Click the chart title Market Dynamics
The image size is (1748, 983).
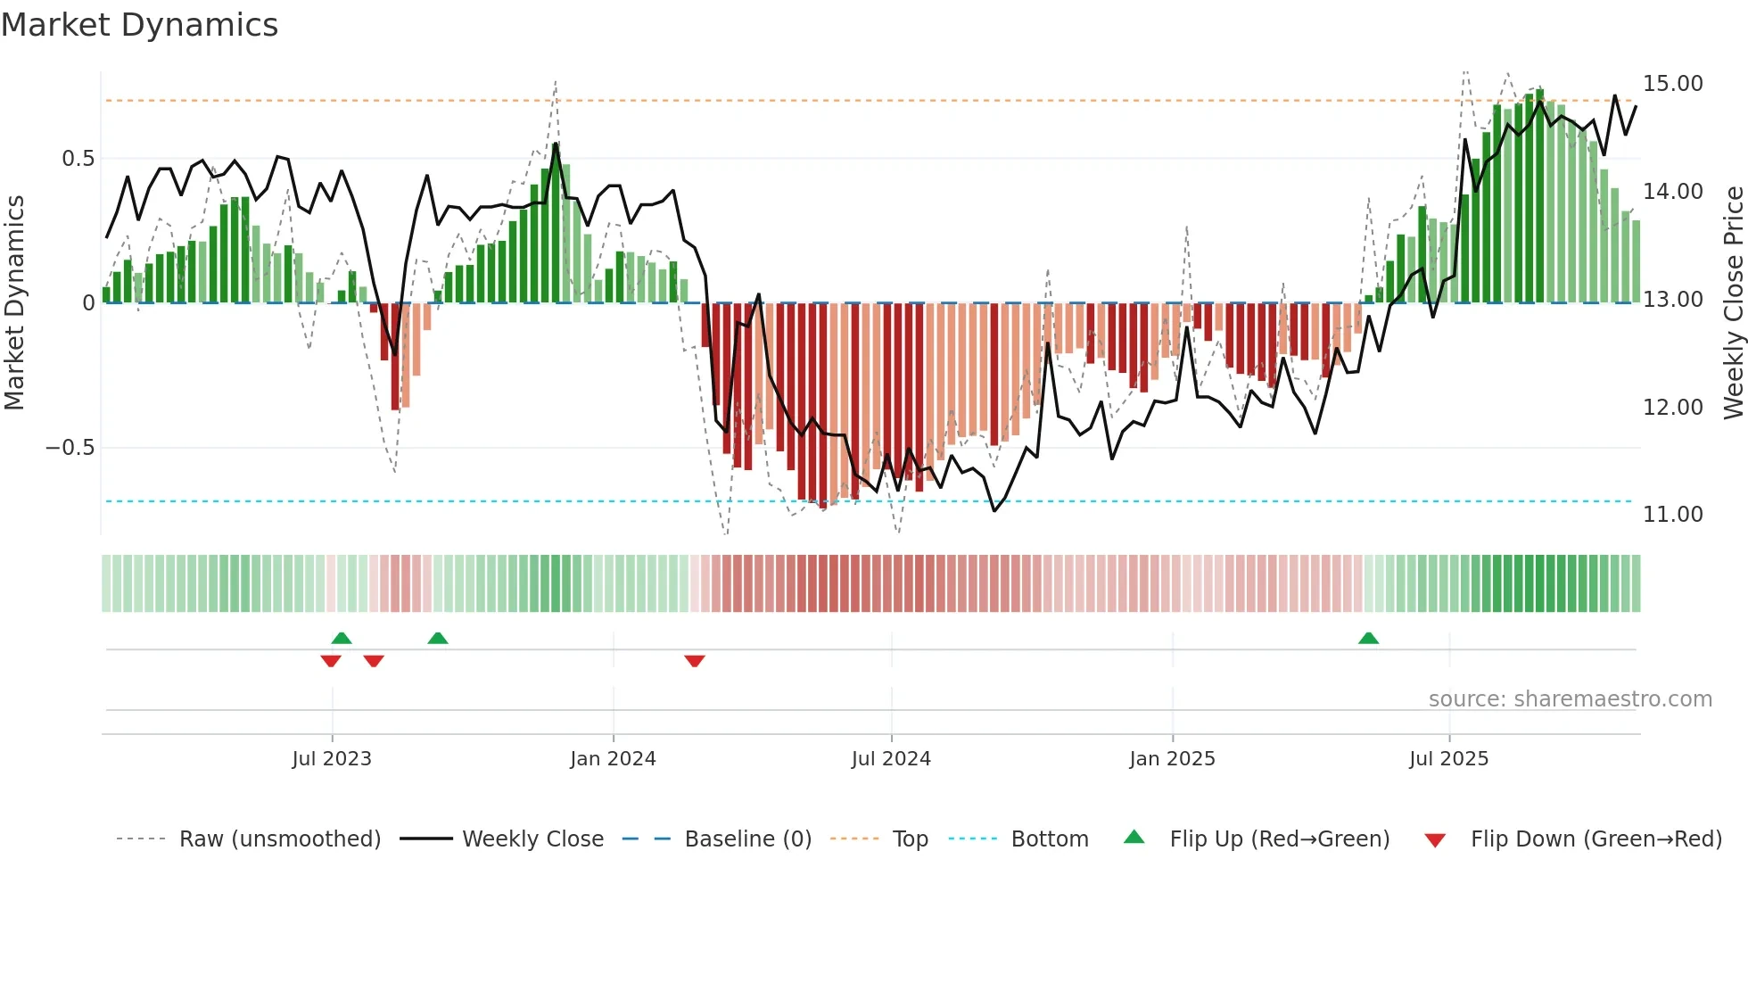click(140, 25)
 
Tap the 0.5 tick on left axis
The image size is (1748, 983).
click(78, 159)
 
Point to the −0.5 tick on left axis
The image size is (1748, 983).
click(70, 448)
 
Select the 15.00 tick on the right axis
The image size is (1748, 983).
click(1672, 84)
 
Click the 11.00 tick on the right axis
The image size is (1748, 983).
click(1672, 515)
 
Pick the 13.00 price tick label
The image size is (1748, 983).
click(1672, 300)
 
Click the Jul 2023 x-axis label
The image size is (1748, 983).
click(332, 759)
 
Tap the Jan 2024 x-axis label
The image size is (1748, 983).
click(613, 759)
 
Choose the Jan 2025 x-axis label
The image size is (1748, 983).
click(1172, 759)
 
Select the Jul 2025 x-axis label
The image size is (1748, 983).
click(1448, 759)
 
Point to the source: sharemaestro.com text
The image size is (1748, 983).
click(1570, 699)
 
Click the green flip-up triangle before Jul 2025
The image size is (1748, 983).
click(1368, 638)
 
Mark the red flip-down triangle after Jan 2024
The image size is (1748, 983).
click(695, 661)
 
